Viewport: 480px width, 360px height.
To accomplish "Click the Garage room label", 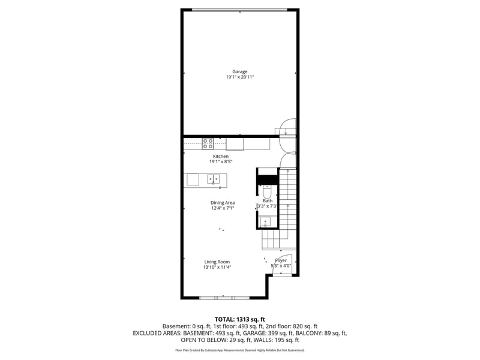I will tap(240, 72).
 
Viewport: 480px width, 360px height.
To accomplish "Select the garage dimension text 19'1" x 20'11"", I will tap(240, 77).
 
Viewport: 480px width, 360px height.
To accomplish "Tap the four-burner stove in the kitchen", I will tap(208, 143).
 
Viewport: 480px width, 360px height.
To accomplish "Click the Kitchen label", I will tap(221, 157).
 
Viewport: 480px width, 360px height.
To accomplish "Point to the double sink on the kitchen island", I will tap(214, 179).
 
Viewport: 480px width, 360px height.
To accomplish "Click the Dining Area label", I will tap(222, 203).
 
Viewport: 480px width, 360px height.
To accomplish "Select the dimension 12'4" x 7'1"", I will tap(222, 208).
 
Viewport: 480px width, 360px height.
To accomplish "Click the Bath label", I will tap(267, 201).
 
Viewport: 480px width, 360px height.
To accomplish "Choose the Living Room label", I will tap(217, 262).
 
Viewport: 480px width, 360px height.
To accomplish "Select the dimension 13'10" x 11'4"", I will tap(217, 267).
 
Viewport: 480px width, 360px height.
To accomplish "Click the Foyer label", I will tap(281, 260).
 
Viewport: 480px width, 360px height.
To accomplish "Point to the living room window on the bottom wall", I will tap(224, 297).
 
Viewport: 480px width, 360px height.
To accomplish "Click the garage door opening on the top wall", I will tap(240, 9).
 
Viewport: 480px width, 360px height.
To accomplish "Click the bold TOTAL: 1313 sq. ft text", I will tap(240, 319).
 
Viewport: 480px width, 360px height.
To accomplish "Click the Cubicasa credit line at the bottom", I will tap(240, 350).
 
